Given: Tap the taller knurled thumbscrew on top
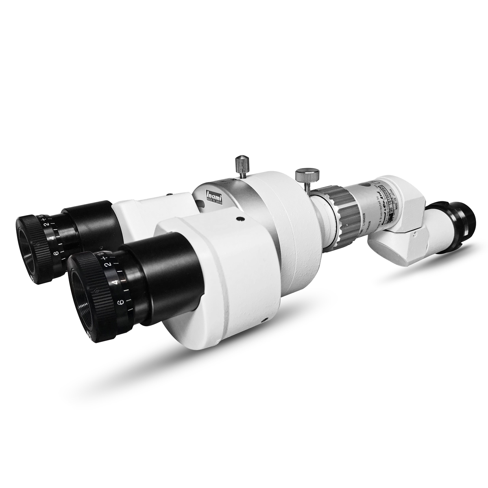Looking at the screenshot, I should [242, 165].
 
